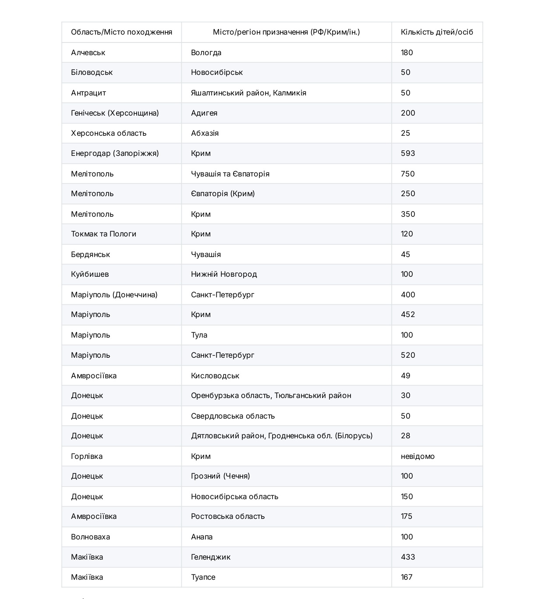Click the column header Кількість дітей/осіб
[x=437, y=32]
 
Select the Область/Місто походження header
[x=121, y=32]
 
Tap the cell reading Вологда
[x=206, y=53]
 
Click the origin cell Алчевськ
[x=88, y=53]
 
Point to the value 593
[x=407, y=153]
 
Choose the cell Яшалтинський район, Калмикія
[x=248, y=93]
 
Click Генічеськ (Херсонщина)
[x=115, y=113]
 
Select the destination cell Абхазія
[x=205, y=133]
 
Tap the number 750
[x=407, y=174]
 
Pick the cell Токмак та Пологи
[x=103, y=234]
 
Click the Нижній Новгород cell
[x=224, y=274]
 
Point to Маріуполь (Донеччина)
[x=114, y=295]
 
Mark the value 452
[x=407, y=314]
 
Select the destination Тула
[x=199, y=335]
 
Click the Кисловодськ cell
[x=215, y=376]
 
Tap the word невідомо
[x=418, y=456]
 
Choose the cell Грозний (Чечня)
[x=220, y=476]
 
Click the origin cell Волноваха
[x=90, y=537]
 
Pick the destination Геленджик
[x=210, y=557]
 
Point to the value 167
[x=407, y=577]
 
